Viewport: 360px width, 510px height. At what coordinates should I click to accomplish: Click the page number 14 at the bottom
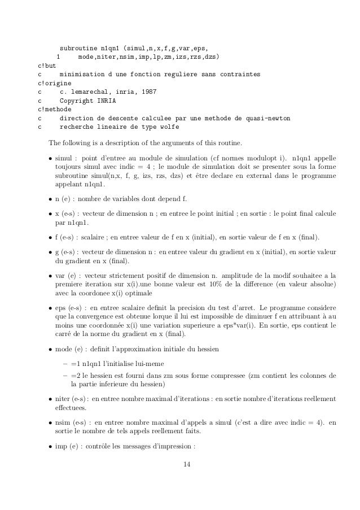coord(179,480)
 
